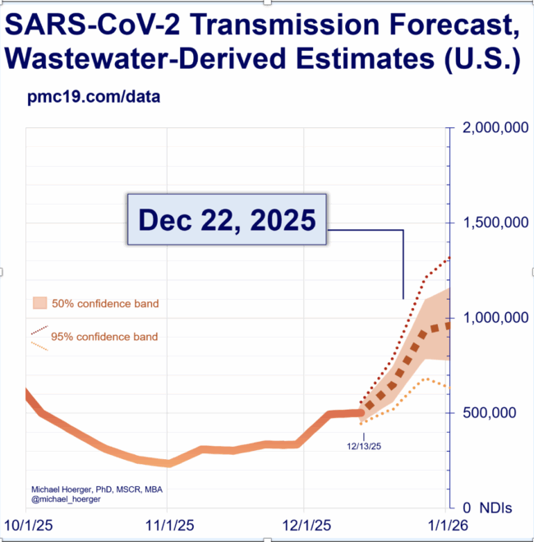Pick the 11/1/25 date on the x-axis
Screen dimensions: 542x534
pyautogui.click(x=168, y=524)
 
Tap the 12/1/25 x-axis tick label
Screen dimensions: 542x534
pyautogui.click(x=305, y=524)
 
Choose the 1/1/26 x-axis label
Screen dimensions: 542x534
pyautogui.click(x=444, y=524)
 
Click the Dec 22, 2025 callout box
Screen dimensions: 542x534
pyautogui.click(x=227, y=219)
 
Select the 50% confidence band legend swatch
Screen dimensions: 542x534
pyautogui.click(x=39, y=303)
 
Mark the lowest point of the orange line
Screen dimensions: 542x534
pyautogui.click(x=168, y=463)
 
